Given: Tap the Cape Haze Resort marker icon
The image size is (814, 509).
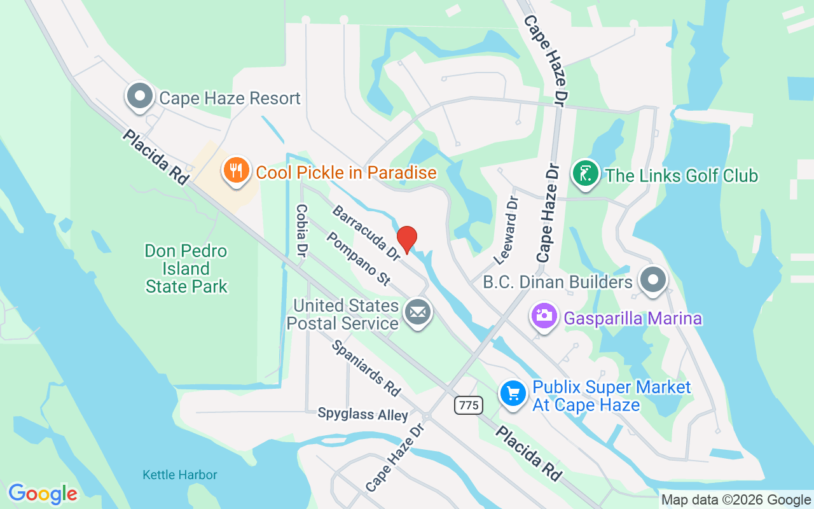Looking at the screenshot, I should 140,97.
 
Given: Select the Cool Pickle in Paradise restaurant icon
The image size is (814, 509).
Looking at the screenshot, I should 236,171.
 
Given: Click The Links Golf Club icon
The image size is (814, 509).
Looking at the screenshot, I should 586,174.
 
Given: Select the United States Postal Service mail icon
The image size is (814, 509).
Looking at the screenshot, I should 418,312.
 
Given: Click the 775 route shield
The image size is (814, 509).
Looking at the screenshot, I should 469,405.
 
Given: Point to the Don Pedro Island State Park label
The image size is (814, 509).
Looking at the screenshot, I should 186,268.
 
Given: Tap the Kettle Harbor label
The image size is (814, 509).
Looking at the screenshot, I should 180,475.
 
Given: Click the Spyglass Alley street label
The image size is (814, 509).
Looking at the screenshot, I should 362,415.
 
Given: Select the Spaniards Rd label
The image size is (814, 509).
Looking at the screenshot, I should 366,368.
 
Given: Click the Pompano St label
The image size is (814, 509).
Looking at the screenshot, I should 357,258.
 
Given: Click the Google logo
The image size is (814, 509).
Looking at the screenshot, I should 43,494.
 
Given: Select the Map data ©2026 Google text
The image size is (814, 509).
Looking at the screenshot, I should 736,500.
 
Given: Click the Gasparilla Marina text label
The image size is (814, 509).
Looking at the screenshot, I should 633,318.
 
